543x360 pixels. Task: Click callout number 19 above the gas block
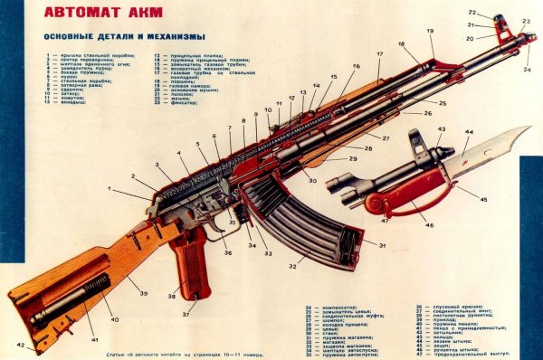tap(431, 30)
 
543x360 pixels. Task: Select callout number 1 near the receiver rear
tap(110, 187)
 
